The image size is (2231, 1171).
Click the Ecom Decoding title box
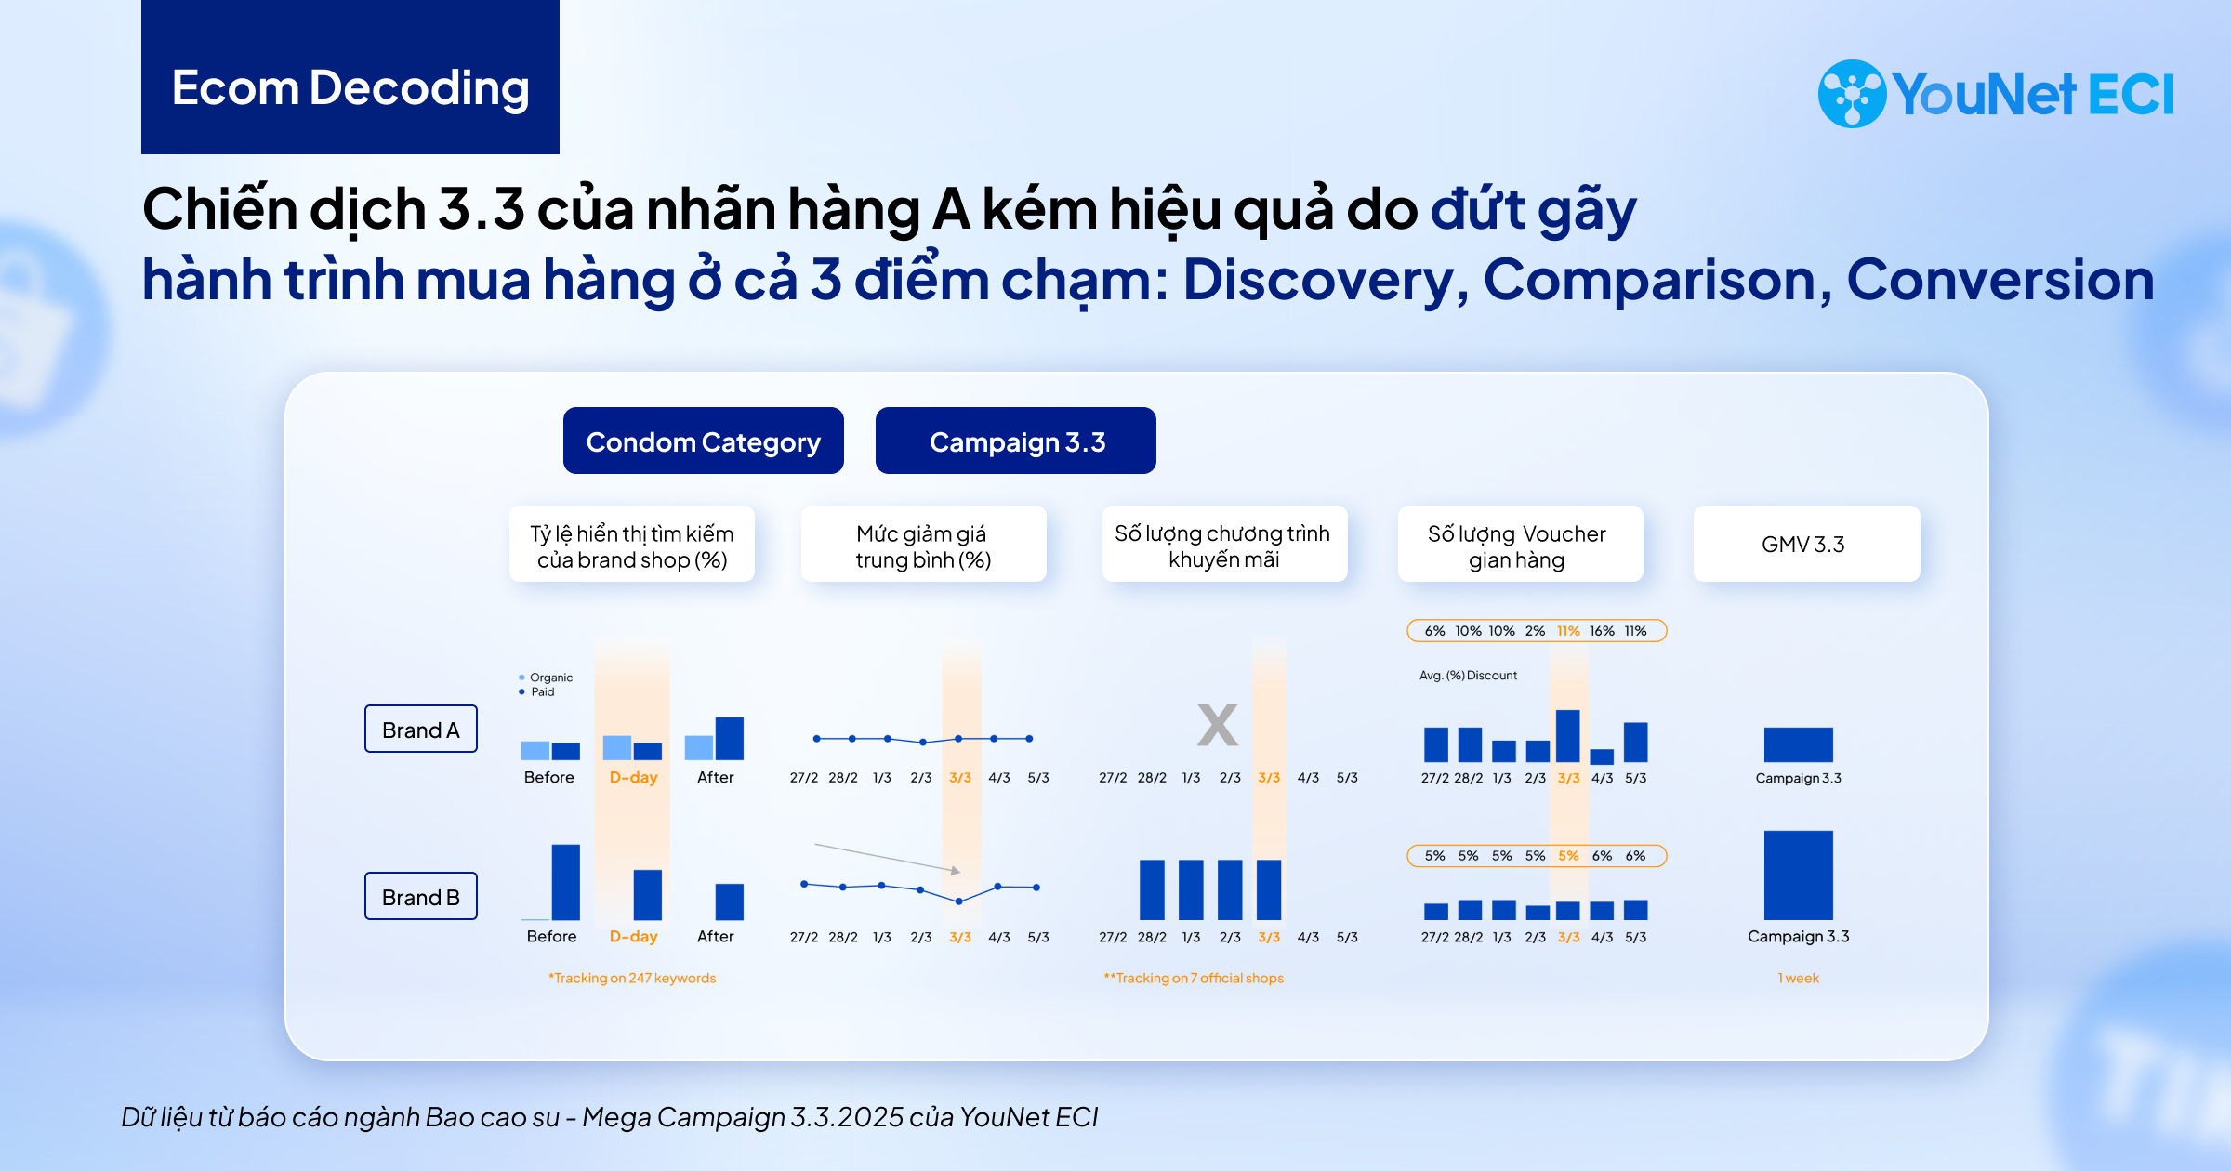[x=350, y=77]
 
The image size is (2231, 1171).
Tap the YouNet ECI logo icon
[x=1852, y=94]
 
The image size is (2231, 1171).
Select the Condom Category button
[x=704, y=441]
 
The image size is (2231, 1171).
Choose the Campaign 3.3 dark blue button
[x=1016, y=441]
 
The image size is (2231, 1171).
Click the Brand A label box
[x=421, y=729]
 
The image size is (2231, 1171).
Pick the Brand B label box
[x=421, y=896]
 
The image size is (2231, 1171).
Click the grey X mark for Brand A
[x=1218, y=725]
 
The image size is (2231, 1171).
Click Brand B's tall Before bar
[x=566, y=882]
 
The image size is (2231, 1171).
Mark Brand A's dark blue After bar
[x=730, y=739]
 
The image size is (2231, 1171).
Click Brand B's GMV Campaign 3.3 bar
[x=1799, y=875]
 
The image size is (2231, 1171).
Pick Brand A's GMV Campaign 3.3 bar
[x=1799, y=744]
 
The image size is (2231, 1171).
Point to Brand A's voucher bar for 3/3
[x=1568, y=736]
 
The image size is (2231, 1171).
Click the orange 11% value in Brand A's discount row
[x=1568, y=631]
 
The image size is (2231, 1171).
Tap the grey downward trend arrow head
[x=956, y=871]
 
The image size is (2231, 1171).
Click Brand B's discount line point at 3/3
[x=959, y=901]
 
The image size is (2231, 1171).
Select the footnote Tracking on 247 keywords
[x=632, y=978]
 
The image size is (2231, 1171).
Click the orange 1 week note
[x=1799, y=978]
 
